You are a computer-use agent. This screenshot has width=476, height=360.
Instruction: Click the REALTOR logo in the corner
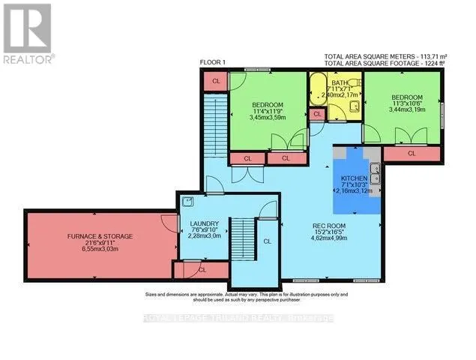27,33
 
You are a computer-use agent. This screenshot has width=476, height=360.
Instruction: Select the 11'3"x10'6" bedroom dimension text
407,106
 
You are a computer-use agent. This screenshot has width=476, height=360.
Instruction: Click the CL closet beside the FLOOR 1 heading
215,80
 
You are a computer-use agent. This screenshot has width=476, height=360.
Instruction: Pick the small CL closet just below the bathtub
317,114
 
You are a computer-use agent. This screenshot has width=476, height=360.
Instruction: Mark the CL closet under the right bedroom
411,153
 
